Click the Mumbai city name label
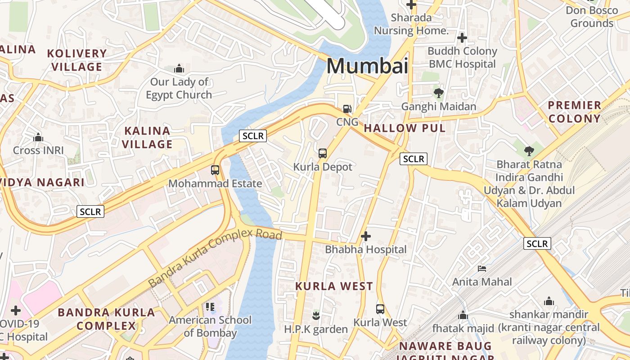tap(367, 66)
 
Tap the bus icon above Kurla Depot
tap(323, 153)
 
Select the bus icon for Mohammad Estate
tap(215, 170)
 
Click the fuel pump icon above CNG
tap(347, 108)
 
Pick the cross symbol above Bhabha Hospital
tap(366, 236)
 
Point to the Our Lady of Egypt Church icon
tap(179, 69)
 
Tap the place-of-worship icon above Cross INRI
tap(38, 137)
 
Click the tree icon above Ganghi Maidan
tap(438, 93)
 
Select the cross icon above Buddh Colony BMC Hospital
tap(462, 38)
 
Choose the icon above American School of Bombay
tap(210, 307)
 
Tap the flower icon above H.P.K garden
tap(316, 316)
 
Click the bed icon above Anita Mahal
tap(482, 269)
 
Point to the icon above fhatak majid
tap(463, 315)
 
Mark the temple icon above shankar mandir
tap(549, 301)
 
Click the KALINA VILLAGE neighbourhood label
tap(148, 137)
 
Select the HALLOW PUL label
tap(405, 128)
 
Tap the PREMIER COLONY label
tap(574, 112)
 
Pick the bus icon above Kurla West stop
tap(380, 309)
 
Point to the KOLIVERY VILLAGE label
tap(77, 60)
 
